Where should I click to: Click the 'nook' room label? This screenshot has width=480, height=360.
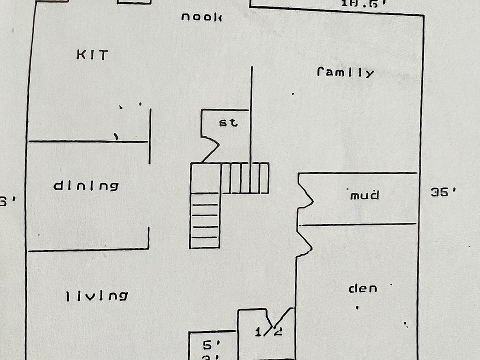(x=201, y=17)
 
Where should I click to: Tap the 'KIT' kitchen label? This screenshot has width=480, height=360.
(x=92, y=55)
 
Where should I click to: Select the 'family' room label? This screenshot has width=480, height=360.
(x=345, y=72)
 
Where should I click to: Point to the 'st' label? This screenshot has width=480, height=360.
(x=229, y=122)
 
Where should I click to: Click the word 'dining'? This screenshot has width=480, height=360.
(x=86, y=186)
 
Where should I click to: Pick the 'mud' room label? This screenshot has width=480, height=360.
(x=364, y=195)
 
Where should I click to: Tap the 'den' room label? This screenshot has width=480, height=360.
(x=362, y=288)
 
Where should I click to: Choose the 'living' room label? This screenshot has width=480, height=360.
(x=97, y=296)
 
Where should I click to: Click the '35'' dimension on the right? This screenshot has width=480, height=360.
(x=443, y=192)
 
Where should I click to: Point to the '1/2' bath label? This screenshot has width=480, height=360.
(x=268, y=331)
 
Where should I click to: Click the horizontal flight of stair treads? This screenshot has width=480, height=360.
(x=245, y=178)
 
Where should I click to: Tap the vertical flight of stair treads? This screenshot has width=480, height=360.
(x=204, y=220)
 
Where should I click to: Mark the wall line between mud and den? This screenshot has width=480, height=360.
(x=357, y=224)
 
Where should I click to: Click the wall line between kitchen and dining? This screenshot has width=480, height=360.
(x=88, y=142)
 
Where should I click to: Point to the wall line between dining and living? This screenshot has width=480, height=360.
(x=88, y=249)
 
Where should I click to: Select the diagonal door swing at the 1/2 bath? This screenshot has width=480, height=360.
(x=282, y=320)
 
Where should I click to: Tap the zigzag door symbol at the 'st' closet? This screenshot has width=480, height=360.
(x=210, y=148)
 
